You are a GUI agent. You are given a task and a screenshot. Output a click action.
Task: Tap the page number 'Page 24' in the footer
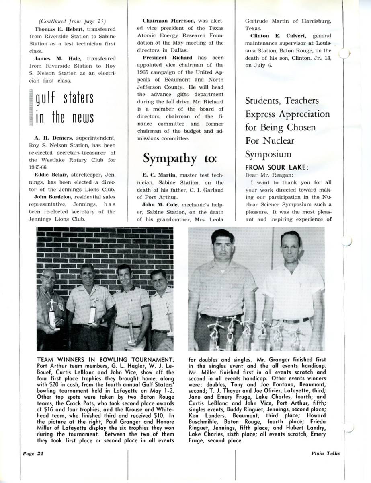pyautogui.click(x=31, y=453)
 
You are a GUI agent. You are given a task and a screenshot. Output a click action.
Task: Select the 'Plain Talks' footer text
pyautogui.click(x=325, y=453)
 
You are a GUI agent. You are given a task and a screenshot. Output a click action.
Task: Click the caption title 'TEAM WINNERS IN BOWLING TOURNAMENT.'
pyautogui.click(x=105, y=359)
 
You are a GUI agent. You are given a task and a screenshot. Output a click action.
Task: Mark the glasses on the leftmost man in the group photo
pyautogui.click(x=49, y=278)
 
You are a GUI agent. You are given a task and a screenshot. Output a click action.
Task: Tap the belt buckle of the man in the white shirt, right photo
pyautogui.click(x=288, y=321)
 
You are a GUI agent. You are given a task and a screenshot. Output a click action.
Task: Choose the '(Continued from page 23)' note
pyautogui.click(x=72, y=21)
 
